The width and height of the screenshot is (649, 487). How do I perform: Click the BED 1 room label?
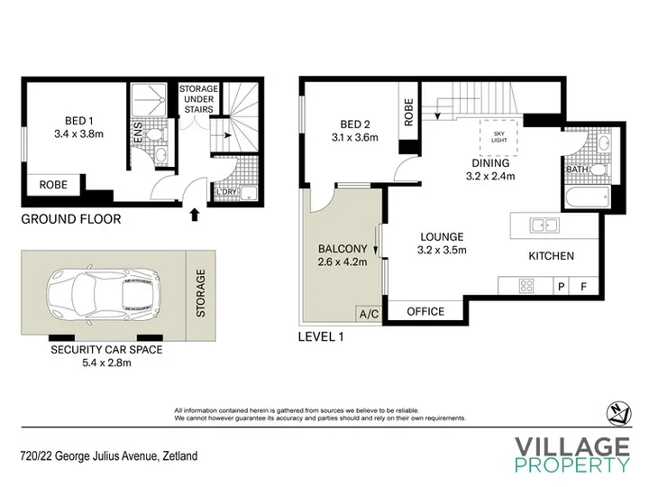coord(79,121)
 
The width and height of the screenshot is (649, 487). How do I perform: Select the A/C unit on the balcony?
coord(369,314)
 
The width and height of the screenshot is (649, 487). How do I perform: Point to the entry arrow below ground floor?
coord(195,215)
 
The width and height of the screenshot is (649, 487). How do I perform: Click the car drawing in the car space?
coord(104,294)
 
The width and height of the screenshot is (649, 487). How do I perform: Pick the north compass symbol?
coord(618,413)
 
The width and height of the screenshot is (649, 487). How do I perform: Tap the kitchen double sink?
coord(544,225)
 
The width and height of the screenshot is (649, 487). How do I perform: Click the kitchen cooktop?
coord(526,286)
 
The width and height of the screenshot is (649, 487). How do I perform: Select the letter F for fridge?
coord(583,286)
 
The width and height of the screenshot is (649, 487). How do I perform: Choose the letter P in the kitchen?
coord(562,286)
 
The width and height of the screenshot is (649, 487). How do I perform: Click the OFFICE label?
coord(425,311)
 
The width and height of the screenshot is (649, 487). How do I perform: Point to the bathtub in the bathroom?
coord(587,198)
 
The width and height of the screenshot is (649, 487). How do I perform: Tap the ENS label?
coord(138,132)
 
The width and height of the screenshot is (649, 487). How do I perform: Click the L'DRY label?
coord(226,192)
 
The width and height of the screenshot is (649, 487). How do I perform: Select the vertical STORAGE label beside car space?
coord(201,293)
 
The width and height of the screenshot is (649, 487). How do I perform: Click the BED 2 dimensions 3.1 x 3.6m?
coord(355,137)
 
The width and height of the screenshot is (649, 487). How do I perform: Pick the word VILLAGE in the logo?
coord(572,447)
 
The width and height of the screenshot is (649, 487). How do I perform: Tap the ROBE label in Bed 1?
coord(53,185)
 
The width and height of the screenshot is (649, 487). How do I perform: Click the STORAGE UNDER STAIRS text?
coord(198,99)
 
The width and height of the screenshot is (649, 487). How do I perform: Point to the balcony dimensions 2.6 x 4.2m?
coord(343,262)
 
